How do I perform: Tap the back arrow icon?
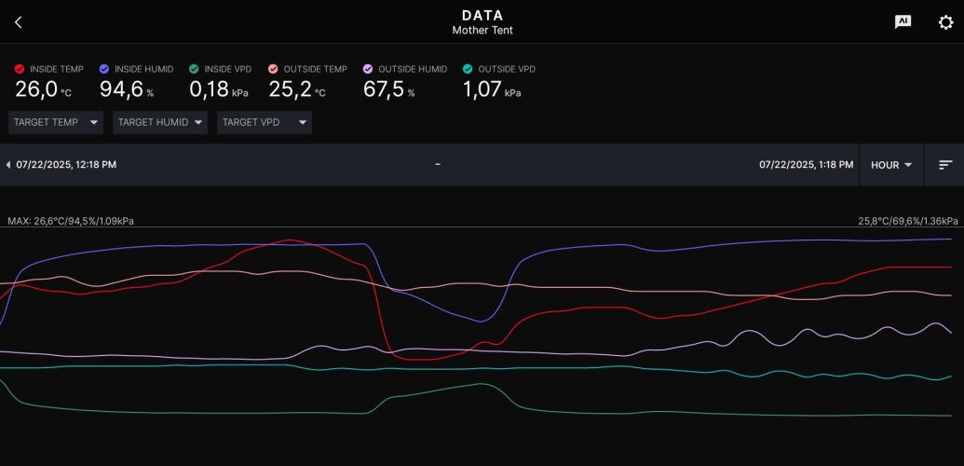(x=18, y=22)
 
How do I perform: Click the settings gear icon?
(x=945, y=22)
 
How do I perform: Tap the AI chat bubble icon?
(x=903, y=22)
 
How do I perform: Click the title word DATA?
(x=482, y=16)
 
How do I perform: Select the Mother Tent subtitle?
(x=482, y=30)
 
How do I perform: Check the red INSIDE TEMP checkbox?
(x=19, y=69)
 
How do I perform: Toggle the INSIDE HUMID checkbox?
(x=104, y=69)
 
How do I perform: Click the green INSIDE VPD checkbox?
(x=194, y=69)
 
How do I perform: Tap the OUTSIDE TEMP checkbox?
(x=273, y=69)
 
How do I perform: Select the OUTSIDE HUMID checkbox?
(x=368, y=69)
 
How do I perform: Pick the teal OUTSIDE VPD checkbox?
(x=468, y=69)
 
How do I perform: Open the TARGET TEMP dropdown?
(x=56, y=122)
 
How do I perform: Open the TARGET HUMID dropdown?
(x=160, y=122)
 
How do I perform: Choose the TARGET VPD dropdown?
(x=265, y=122)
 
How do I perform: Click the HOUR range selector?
(x=891, y=165)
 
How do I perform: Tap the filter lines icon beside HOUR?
(x=945, y=165)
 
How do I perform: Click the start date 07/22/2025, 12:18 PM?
(x=66, y=165)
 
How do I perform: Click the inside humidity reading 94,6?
(x=122, y=89)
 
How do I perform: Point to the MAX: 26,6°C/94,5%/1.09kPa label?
(x=71, y=221)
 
